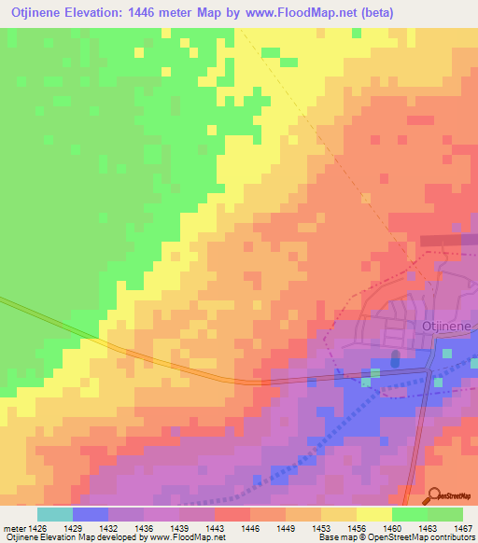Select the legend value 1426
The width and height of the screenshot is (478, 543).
point(36,527)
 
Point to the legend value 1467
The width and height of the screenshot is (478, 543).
point(463,527)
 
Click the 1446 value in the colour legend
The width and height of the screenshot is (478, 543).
point(250,527)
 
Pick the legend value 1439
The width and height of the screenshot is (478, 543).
point(179,527)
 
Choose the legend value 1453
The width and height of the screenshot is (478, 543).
point(321,527)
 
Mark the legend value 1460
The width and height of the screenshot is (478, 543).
point(392,527)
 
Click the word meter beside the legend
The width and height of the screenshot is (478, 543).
point(13,527)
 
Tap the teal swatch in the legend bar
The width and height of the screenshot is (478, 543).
point(54,514)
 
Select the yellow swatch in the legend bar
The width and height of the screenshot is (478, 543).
point(373,514)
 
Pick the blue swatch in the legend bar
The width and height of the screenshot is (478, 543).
point(90,514)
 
